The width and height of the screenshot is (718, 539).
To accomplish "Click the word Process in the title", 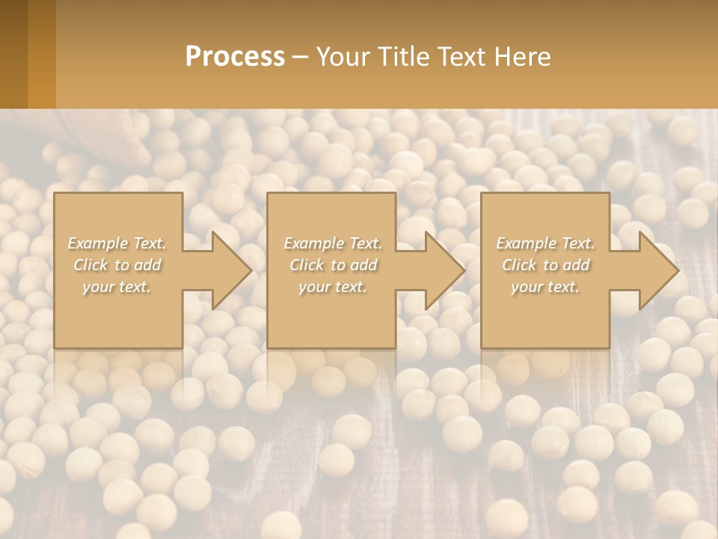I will [235, 57].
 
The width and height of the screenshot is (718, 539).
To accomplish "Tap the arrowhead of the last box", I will [657, 270].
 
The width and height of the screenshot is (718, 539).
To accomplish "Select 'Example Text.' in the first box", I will [117, 243].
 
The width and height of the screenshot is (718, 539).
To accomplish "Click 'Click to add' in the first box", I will [117, 265].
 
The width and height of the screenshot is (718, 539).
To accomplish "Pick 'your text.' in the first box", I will [117, 287].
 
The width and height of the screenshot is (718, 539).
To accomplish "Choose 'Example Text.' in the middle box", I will [332, 243].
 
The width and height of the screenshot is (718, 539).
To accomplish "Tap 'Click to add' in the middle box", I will [332, 265].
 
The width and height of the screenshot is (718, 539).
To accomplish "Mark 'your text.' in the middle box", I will [332, 287].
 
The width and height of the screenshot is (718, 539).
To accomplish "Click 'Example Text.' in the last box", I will [545, 243].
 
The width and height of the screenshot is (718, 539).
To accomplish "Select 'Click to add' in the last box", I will [545, 265].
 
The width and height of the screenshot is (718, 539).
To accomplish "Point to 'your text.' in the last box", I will [545, 287].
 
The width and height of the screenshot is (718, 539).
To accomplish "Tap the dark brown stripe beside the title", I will [13, 54].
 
